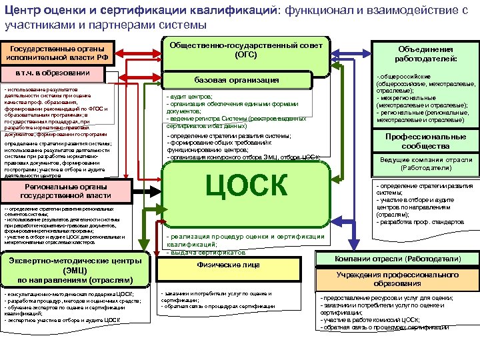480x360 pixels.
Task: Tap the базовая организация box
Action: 246,80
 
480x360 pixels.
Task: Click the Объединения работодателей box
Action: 425,54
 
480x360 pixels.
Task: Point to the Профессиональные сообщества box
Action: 426,141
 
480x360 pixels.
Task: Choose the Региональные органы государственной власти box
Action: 65,191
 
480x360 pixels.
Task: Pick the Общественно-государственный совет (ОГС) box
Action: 246,50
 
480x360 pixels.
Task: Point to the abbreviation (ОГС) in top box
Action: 246,55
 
